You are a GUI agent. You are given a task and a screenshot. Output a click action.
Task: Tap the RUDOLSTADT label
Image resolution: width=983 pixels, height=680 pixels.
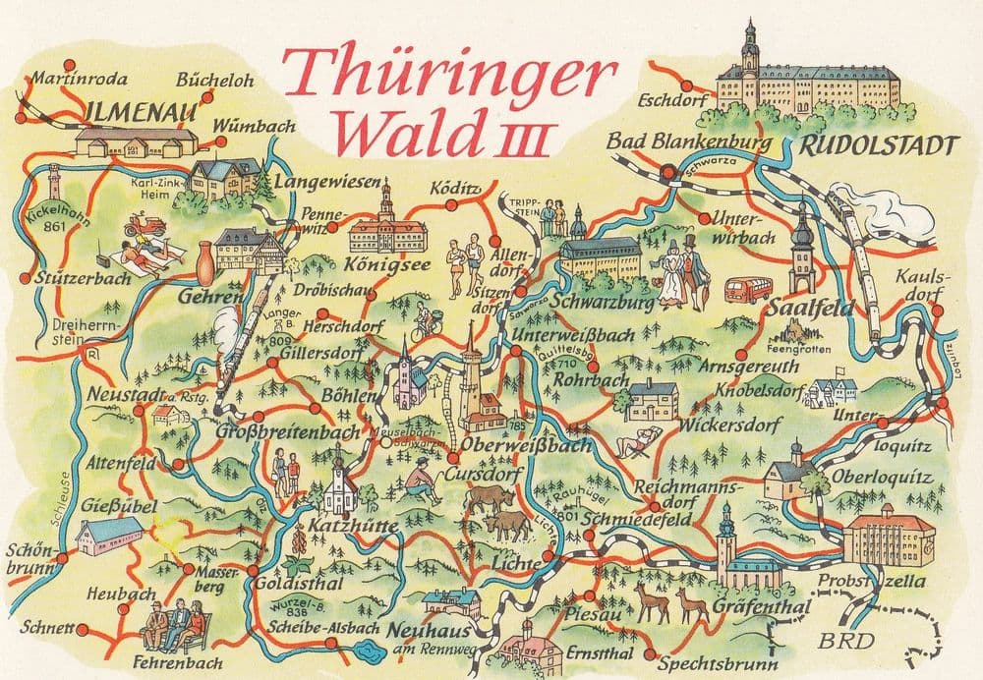coord(877,145)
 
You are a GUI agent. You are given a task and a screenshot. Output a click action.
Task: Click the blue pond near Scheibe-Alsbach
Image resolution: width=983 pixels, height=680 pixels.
coord(371,649)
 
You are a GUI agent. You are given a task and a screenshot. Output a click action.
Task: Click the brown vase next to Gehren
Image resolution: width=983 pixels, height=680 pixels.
coord(204,260)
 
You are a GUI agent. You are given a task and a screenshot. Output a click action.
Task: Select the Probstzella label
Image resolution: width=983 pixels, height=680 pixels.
coord(871,582)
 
